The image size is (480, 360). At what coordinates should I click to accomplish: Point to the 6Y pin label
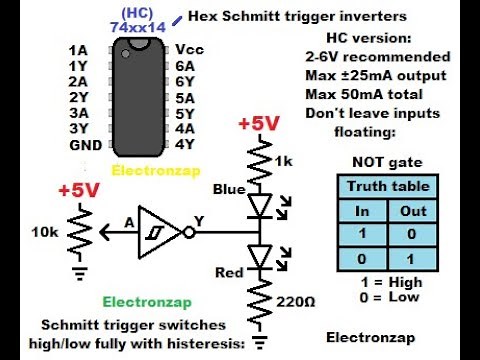[185, 81]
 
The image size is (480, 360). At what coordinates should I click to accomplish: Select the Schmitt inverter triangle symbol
[158, 229]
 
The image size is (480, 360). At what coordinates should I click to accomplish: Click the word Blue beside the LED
[229, 188]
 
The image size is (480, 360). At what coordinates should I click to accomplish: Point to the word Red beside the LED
[231, 271]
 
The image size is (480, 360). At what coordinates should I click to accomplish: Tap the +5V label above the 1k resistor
[258, 124]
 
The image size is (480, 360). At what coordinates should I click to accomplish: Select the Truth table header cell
[388, 186]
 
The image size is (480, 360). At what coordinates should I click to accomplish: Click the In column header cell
[363, 209]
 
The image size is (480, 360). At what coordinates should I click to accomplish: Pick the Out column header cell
[412, 209]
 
